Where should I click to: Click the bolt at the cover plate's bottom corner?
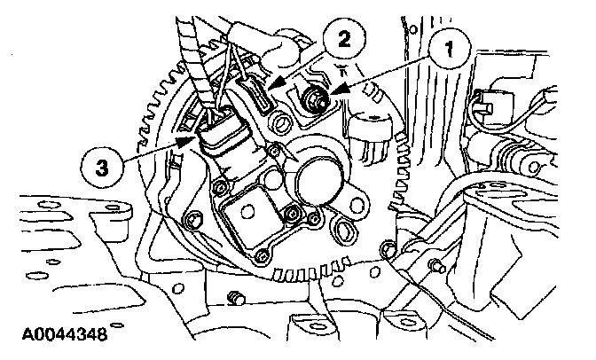click(260, 258)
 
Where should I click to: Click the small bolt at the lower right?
click(435, 265)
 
